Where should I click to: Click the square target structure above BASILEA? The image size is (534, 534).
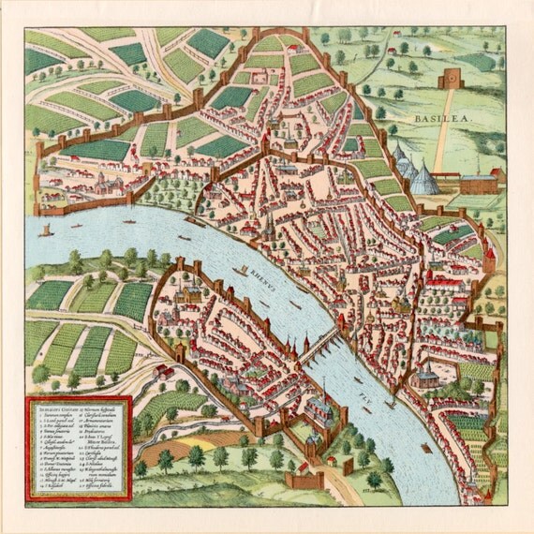pyautogui.click(x=451, y=79)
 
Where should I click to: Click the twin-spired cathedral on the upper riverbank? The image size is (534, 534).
pyautogui.click(x=269, y=225)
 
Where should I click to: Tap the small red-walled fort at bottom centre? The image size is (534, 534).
pyautogui.click(x=305, y=479)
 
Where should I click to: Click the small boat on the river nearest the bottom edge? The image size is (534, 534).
pyautogui.click(x=426, y=448)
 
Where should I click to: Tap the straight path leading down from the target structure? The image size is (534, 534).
pyautogui.click(x=440, y=141)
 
